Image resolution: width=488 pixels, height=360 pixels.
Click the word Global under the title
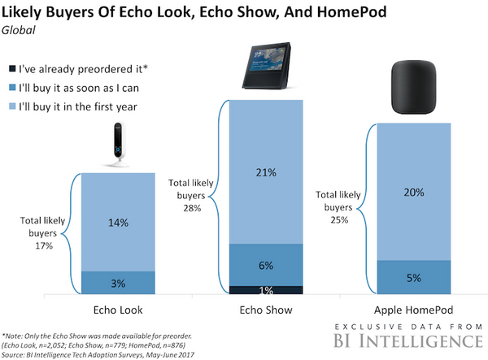[23, 31]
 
